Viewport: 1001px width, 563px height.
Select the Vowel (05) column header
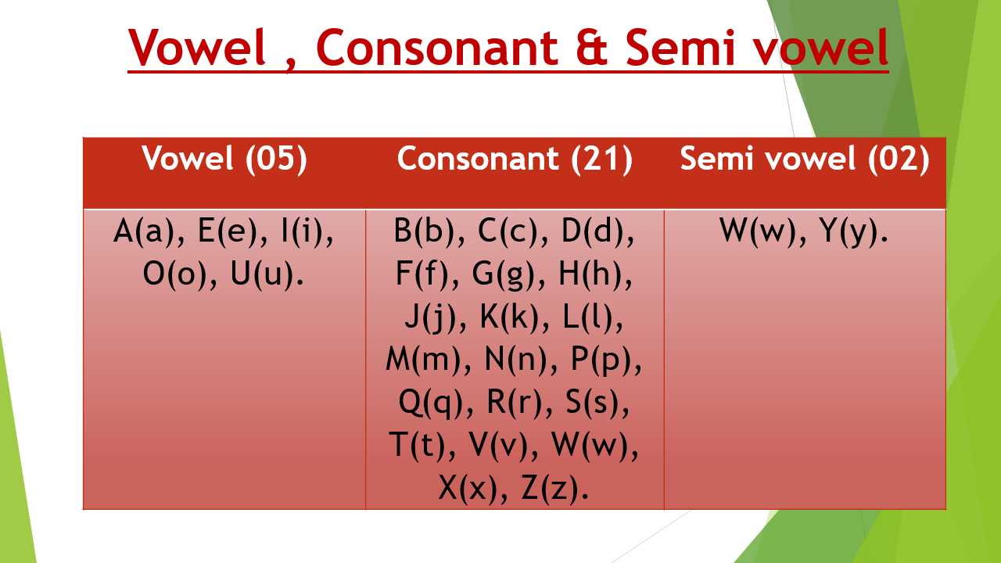[x=224, y=159]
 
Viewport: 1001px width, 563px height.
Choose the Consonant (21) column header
[x=515, y=159]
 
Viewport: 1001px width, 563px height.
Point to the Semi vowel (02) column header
[x=805, y=159]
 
